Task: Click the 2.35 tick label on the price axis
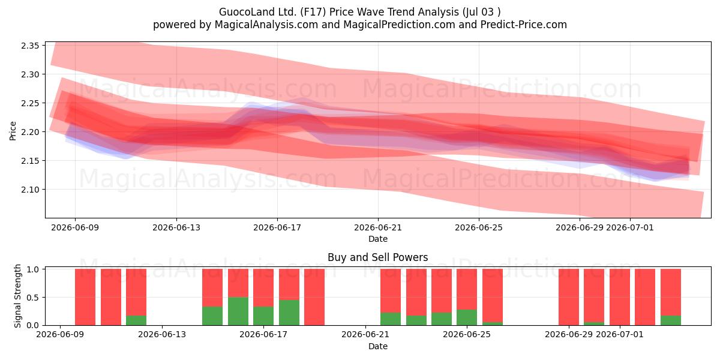pos(30,46)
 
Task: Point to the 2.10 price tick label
pos(30,190)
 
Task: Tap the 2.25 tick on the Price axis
pos(30,103)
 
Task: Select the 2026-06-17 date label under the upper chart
pos(277,227)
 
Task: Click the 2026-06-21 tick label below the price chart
pos(378,227)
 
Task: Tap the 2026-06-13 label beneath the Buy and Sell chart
pos(161,334)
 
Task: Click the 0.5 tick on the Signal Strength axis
pos(33,298)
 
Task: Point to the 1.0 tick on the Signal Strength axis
pos(33,269)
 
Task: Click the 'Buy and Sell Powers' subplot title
pos(377,257)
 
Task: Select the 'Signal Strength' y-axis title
pos(17,296)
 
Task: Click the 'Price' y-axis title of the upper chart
pos(13,131)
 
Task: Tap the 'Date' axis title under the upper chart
pos(378,239)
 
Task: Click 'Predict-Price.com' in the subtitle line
pos(523,25)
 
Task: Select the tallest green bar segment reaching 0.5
pos(238,311)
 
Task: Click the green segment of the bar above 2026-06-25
pos(467,317)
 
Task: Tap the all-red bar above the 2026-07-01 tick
pos(620,297)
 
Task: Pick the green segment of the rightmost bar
pos(671,320)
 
